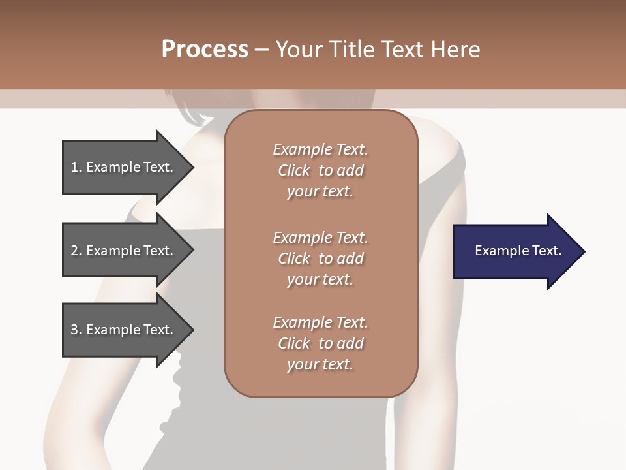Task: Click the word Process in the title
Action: [x=204, y=50]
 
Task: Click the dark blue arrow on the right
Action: [x=515, y=251]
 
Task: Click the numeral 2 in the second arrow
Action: [x=74, y=251]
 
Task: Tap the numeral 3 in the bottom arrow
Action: [x=74, y=330]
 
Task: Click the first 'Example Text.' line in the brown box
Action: [x=320, y=149]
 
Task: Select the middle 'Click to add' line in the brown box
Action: [x=320, y=258]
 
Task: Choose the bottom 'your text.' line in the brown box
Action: [x=320, y=364]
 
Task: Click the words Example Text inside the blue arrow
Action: [x=518, y=251]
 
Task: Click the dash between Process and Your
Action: [x=261, y=50]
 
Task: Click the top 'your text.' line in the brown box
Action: [x=320, y=191]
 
